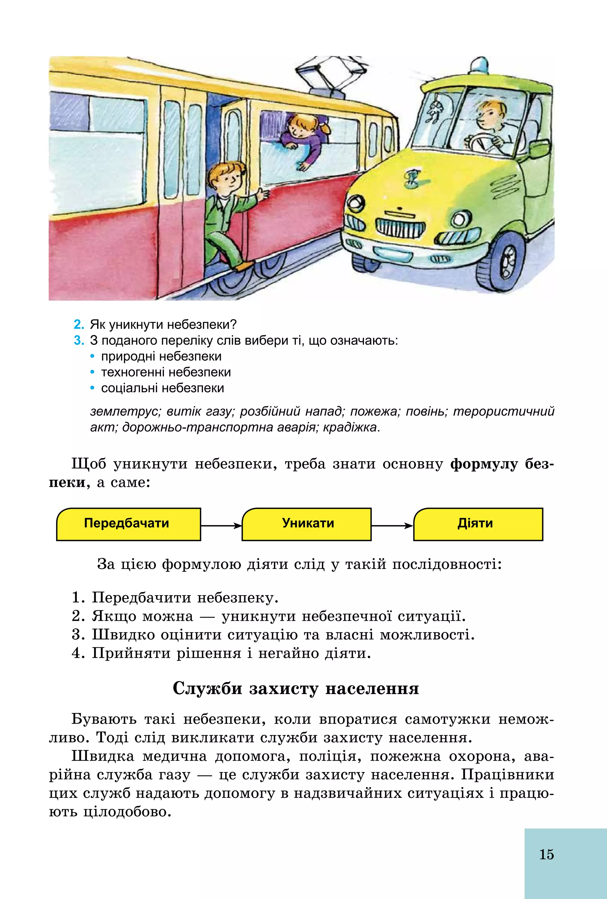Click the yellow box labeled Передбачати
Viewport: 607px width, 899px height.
pyautogui.click(x=128, y=524)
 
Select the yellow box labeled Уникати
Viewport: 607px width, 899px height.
pyautogui.click(x=306, y=524)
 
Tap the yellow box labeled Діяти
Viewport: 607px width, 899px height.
pyautogui.click(x=478, y=524)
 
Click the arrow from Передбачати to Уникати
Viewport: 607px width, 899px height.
pyautogui.click(x=221, y=525)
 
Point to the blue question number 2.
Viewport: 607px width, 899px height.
pyautogui.click(x=79, y=324)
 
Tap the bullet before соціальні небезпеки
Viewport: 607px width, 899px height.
pyautogui.click(x=92, y=388)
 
